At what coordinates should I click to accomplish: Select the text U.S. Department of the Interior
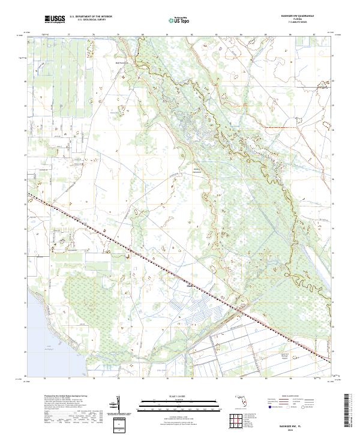tap(91, 17)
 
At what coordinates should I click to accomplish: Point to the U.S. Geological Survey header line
tap(91, 20)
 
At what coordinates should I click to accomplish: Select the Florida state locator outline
tap(240, 400)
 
